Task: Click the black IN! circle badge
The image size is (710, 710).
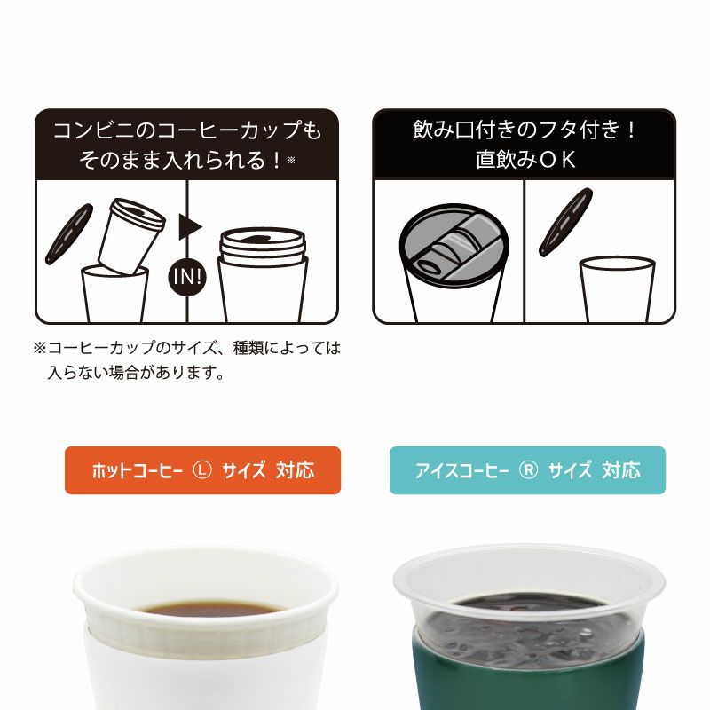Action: click(187, 277)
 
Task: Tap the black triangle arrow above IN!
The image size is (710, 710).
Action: click(190, 227)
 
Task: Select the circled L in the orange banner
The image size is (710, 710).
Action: click(202, 470)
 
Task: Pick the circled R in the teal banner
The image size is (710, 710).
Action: click(528, 470)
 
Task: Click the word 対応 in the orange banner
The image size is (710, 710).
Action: click(296, 470)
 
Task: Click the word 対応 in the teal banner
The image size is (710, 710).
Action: click(621, 470)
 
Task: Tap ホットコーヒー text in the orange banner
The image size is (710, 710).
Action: click(138, 470)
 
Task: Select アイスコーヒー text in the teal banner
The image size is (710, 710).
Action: click(461, 470)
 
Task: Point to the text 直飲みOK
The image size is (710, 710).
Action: click(525, 160)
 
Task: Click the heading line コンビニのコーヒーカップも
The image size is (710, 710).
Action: click(187, 130)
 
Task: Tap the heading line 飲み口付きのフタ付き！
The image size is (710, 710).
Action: click(525, 129)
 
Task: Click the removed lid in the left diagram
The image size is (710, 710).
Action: click(69, 233)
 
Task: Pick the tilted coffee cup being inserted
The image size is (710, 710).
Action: click(130, 237)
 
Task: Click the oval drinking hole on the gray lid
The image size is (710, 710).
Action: click(429, 267)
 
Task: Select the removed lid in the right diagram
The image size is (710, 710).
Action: click(565, 222)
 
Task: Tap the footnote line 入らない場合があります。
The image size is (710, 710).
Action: click(137, 373)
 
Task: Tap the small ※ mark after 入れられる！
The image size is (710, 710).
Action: click(291, 160)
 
